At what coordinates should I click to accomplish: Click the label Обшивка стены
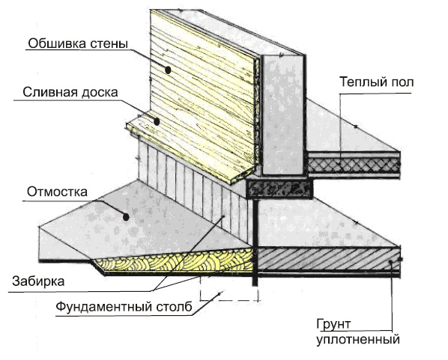point(78,44)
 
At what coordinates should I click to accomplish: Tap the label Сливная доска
point(70,93)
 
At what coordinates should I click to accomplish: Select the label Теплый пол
point(377,82)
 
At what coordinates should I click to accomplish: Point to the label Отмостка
point(57,192)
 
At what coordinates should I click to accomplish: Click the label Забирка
point(38,281)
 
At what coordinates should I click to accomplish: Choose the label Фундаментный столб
point(124,307)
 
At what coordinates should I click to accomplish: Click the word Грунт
point(333,325)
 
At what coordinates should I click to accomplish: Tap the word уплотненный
point(358,340)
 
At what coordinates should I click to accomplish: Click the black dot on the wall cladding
point(168,70)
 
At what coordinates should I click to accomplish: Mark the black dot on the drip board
point(157,122)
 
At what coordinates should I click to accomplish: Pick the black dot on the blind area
point(126,218)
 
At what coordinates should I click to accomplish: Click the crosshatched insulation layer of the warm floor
point(354,165)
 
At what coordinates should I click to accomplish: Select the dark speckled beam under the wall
point(279,189)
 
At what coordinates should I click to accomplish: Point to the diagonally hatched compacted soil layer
point(329,258)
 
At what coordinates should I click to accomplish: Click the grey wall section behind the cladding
point(283,115)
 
